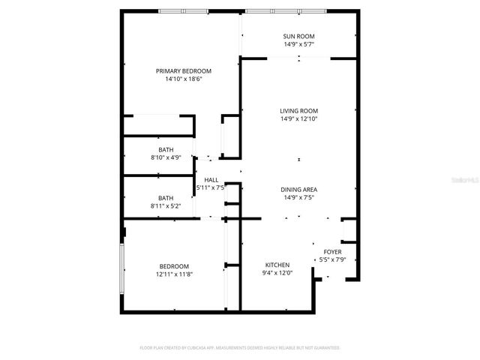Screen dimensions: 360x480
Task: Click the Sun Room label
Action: tap(298, 36)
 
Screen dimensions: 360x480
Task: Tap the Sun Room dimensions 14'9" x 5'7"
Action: tap(298, 44)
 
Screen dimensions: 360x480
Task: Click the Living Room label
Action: tap(298, 110)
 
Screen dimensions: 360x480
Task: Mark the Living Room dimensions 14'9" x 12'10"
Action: tap(298, 118)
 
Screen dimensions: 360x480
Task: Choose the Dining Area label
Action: tap(298, 190)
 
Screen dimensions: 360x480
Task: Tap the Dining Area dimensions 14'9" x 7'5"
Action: tap(298, 198)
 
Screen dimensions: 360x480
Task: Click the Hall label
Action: tap(211, 180)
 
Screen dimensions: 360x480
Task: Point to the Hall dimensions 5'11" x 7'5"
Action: tap(211, 188)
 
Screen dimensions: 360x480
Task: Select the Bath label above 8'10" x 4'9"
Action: tap(166, 150)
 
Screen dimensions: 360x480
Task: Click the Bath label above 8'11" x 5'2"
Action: tap(166, 198)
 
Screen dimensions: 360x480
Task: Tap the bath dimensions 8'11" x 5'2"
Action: tap(166, 206)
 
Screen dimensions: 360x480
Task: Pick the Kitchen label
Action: tap(277, 265)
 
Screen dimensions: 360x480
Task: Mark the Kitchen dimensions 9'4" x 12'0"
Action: tap(277, 274)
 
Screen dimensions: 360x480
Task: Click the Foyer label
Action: tap(332, 252)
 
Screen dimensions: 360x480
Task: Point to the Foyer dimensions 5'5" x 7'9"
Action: tap(332, 260)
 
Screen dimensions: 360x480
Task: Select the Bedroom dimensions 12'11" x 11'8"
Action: tap(173, 274)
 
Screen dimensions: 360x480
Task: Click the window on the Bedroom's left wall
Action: tap(122, 266)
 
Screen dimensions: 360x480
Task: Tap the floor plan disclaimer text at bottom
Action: tap(240, 348)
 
